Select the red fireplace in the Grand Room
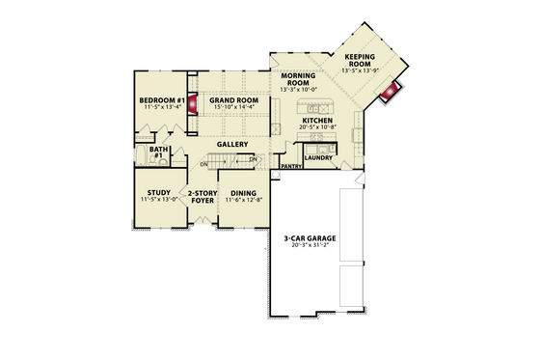[192, 103]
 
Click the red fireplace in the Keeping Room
[391, 94]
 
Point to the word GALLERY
[232, 145]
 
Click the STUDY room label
[158, 192]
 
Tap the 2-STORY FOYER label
[202, 196]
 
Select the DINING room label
[243, 193]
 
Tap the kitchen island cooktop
[316, 103]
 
